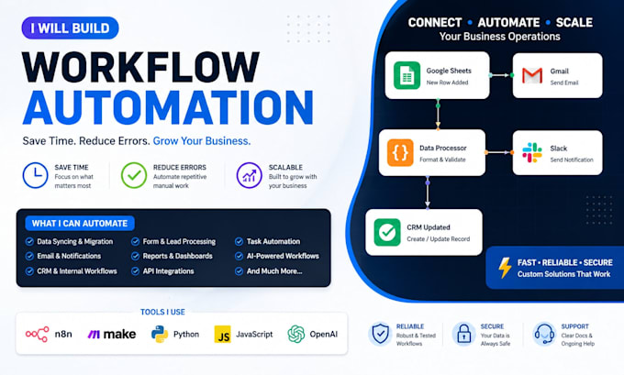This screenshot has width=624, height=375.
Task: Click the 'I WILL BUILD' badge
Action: click(x=70, y=28)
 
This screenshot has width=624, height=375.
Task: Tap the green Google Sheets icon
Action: click(x=407, y=75)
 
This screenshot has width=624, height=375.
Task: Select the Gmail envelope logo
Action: click(x=532, y=75)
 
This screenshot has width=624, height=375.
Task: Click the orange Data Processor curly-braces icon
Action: click(x=400, y=152)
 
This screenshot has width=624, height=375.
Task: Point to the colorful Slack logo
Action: click(x=532, y=153)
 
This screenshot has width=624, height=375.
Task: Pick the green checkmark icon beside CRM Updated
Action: click(x=387, y=232)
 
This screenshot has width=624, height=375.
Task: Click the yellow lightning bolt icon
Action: click(x=505, y=268)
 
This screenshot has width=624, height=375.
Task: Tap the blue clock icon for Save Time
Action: click(x=36, y=175)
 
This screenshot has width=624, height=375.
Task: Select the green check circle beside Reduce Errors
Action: click(x=134, y=175)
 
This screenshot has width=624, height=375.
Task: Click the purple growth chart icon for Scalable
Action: click(x=249, y=175)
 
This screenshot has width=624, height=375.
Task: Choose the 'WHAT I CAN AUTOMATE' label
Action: click(x=80, y=224)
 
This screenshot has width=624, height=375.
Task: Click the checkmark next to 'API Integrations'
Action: click(x=135, y=271)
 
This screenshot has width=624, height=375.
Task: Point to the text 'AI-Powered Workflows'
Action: click(x=283, y=256)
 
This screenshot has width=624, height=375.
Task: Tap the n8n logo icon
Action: click(x=37, y=335)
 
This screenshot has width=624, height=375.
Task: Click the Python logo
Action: click(x=160, y=334)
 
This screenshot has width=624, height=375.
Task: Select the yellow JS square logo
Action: click(x=222, y=335)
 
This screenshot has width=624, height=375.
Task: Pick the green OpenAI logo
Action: click(x=296, y=334)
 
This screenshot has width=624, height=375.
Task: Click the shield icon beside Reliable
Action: click(x=380, y=334)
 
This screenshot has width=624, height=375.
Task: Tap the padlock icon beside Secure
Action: click(x=464, y=334)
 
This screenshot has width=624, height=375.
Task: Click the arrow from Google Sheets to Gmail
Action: click(x=501, y=75)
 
